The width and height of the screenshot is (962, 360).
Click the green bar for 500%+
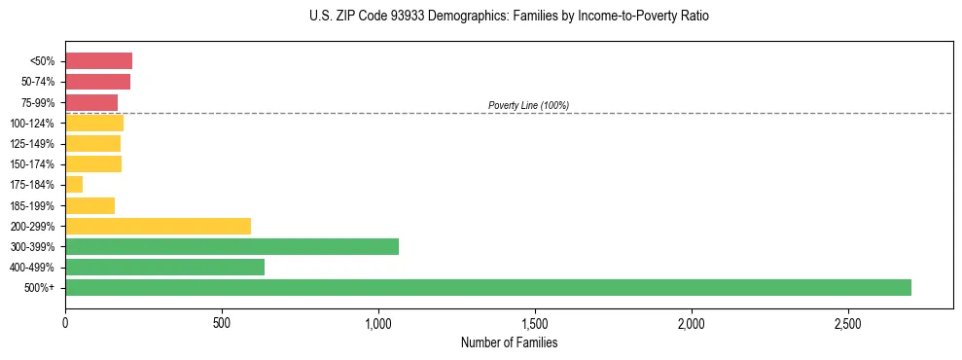click(x=487, y=287)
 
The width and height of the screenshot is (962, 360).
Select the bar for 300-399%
click(x=232, y=246)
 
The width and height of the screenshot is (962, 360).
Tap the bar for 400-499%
click(x=164, y=267)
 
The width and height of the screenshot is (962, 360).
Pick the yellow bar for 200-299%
click(x=158, y=226)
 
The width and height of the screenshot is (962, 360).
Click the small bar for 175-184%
click(x=74, y=185)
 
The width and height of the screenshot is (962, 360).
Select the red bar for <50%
click(x=98, y=61)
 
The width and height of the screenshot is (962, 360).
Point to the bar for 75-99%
click(x=91, y=102)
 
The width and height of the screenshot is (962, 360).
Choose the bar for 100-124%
click(x=94, y=123)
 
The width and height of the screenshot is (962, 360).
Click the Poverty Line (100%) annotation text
click(x=528, y=105)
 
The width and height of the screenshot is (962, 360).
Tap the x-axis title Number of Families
click(x=509, y=342)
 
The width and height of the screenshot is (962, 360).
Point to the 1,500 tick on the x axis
click(x=535, y=322)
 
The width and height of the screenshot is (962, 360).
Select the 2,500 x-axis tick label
click(x=848, y=322)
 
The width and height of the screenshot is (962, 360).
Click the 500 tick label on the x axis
click(x=222, y=322)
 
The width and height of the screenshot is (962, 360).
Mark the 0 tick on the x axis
click(x=65, y=322)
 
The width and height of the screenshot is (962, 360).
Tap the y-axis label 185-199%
click(x=33, y=205)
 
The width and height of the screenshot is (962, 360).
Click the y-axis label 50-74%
click(x=39, y=82)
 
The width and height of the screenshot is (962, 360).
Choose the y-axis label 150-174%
click(x=33, y=164)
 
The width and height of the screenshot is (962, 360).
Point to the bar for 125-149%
click(x=92, y=143)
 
